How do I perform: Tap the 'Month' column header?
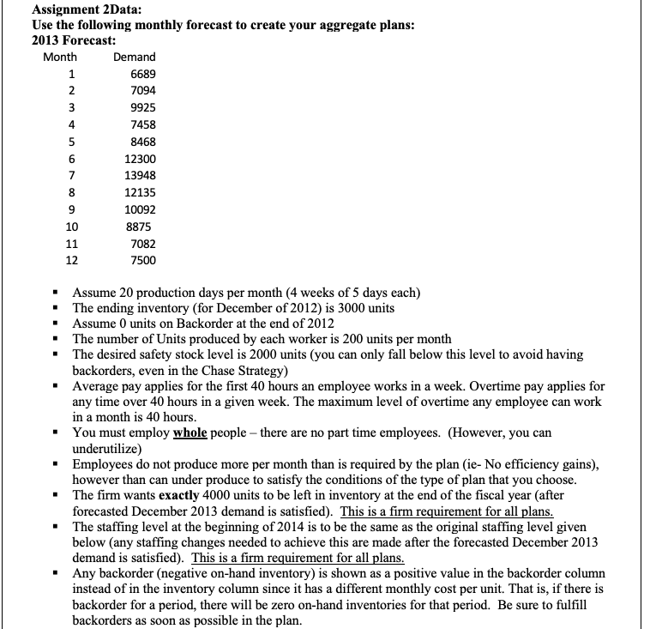click(x=60, y=57)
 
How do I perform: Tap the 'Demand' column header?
click(x=134, y=57)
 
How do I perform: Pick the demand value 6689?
click(x=142, y=74)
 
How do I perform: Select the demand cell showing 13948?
click(x=140, y=176)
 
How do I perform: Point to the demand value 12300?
click(x=140, y=159)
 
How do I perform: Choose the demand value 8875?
click(x=142, y=227)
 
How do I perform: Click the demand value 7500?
click(x=142, y=260)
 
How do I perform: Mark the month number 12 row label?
click(x=71, y=260)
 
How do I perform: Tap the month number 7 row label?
click(x=72, y=176)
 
